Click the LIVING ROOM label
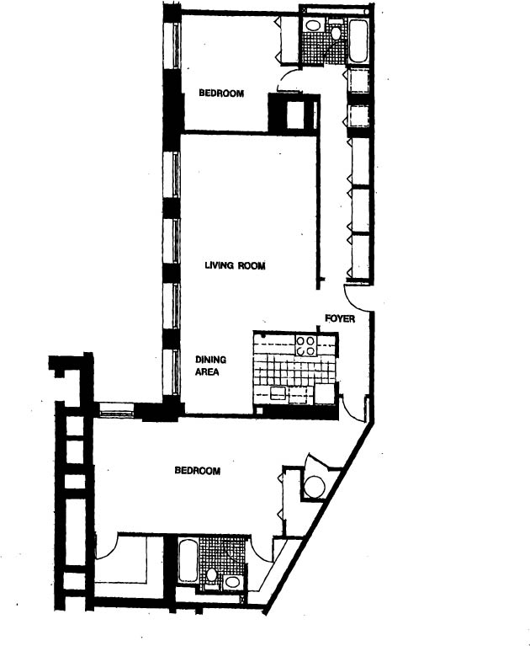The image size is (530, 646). (236, 266)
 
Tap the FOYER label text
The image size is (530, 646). (340, 319)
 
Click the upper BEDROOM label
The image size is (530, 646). (221, 93)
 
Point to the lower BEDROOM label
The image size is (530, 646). (198, 471)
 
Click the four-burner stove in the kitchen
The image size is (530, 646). (305, 345)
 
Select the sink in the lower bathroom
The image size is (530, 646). (233, 580)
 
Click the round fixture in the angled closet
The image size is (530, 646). (315, 486)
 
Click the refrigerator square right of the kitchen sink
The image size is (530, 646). (323, 395)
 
